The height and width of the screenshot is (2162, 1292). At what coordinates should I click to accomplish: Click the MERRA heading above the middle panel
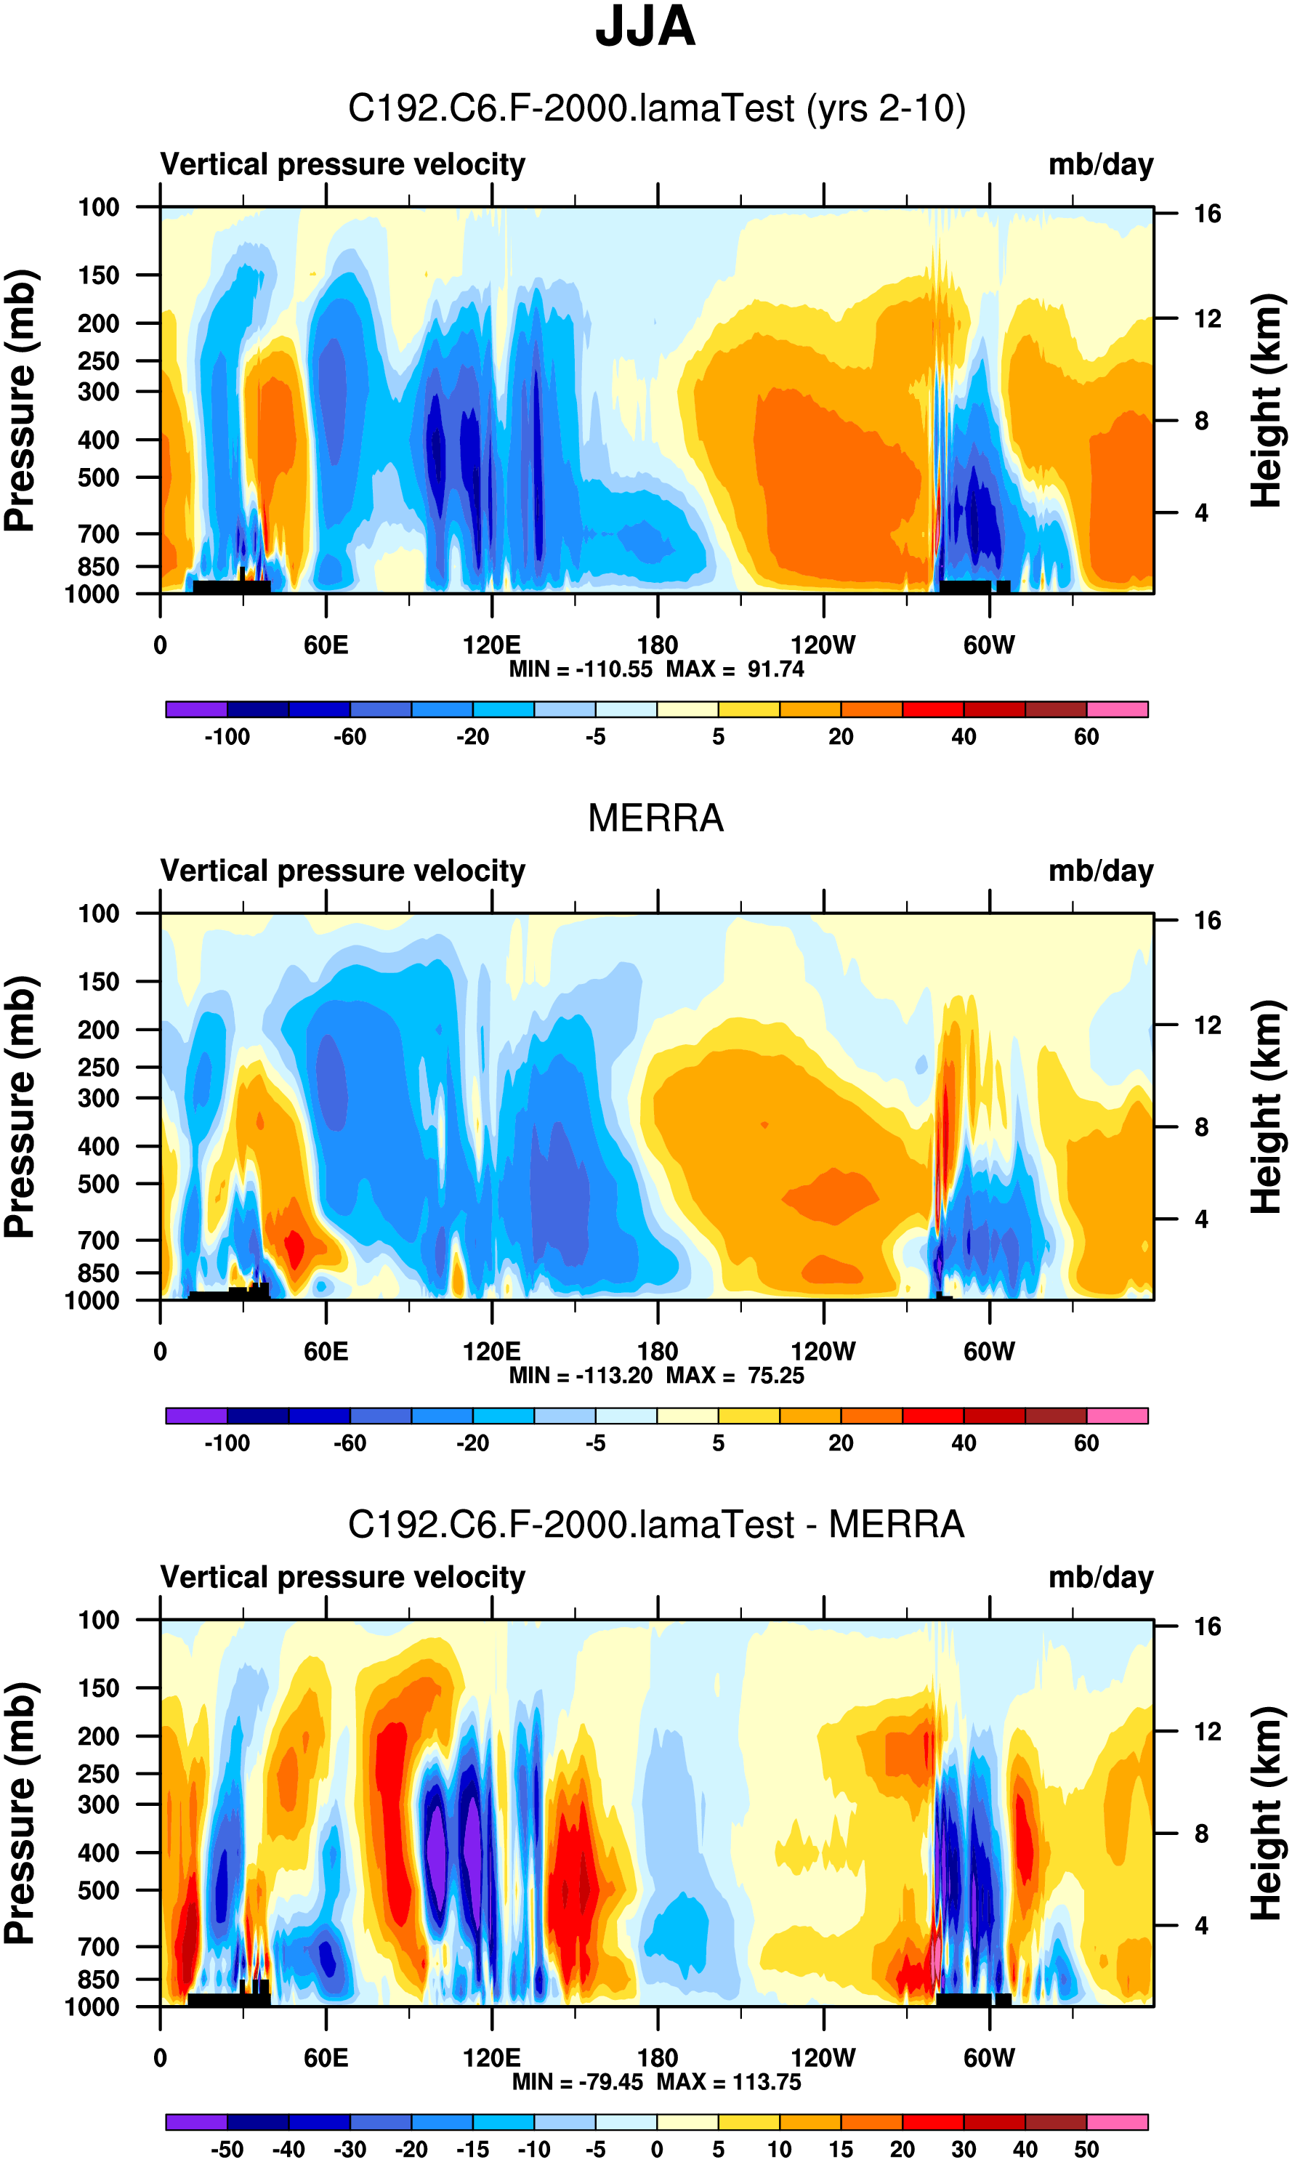pyautogui.click(x=655, y=818)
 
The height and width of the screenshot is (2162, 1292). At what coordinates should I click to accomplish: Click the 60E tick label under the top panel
pyautogui.click(x=326, y=645)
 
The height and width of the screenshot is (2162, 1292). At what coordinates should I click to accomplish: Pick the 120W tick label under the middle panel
pyautogui.click(x=823, y=1352)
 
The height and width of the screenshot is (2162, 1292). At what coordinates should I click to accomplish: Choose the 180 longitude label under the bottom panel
pyautogui.click(x=658, y=2057)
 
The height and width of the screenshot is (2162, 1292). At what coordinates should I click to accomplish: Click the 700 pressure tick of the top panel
pyautogui.click(x=98, y=533)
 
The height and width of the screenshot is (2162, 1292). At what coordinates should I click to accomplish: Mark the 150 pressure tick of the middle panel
pyautogui.click(x=98, y=981)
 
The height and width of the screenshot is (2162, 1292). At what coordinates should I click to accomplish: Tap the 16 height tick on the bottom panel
pyautogui.click(x=1208, y=1626)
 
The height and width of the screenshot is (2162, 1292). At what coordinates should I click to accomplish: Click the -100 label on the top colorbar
pyautogui.click(x=227, y=737)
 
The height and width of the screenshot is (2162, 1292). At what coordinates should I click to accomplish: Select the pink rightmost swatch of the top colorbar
pyautogui.click(x=1117, y=709)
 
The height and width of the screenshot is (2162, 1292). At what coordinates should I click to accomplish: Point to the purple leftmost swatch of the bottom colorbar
pyautogui.click(x=197, y=2121)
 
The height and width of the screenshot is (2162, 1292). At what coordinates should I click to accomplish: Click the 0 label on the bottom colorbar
pyautogui.click(x=658, y=2149)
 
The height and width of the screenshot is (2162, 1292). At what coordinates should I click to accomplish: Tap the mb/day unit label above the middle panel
pyautogui.click(x=1100, y=871)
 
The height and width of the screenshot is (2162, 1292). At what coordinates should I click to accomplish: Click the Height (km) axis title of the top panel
pyautogui.click(x=1267, y=400)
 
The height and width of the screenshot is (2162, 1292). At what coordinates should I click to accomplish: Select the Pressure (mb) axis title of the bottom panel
pyautogui.click(x=19, y=1813)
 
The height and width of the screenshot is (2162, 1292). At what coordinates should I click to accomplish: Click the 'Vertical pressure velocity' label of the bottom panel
pyautogui.click(x=342, y=1577)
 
